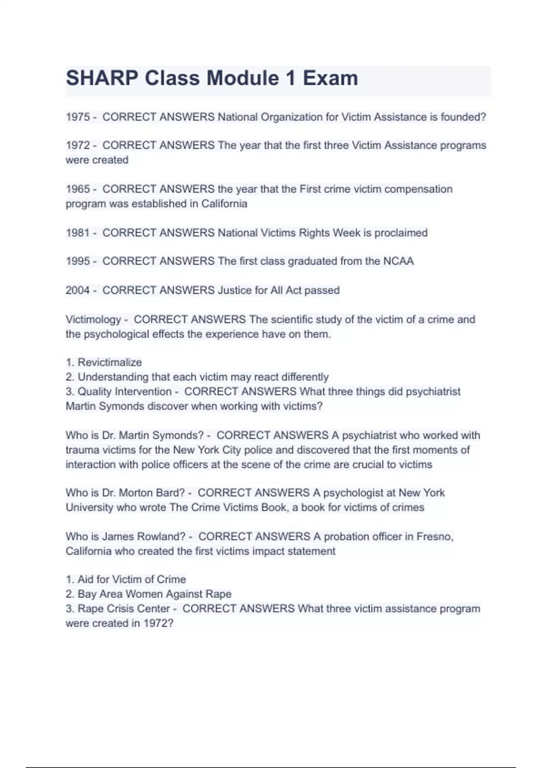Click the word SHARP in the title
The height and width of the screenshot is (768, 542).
pos(102,78)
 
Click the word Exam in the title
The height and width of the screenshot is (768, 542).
pos(330,78)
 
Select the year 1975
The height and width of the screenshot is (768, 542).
pos(78,117)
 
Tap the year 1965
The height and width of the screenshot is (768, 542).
pos(78,189)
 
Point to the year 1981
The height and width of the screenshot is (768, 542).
pos(78,233)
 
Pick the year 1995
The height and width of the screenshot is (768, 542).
pos(78,261)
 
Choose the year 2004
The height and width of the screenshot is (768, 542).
pos(78,290)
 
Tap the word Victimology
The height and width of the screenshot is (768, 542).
pos(93,319)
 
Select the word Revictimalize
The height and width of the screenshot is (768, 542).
pos(110,362)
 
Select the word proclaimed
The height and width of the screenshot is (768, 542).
pos(401,233)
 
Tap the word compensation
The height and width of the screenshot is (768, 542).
pos(418,189)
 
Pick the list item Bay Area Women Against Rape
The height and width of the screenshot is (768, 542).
pos(154,594)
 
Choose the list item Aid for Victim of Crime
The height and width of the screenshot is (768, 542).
pos(131,579)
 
